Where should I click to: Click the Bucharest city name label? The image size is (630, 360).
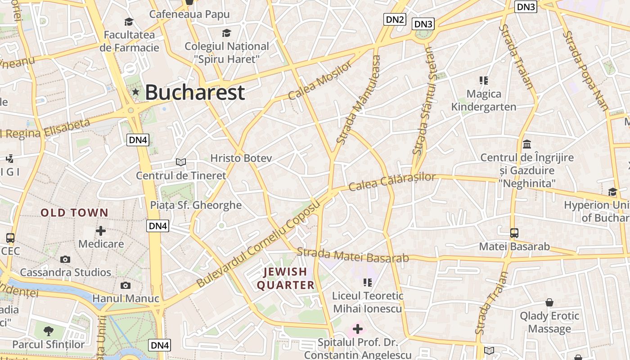point(195,92)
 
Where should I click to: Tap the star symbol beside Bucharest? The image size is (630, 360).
point(135,92)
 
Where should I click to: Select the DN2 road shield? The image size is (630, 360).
point(395,19)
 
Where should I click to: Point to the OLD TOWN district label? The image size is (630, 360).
point(74,212)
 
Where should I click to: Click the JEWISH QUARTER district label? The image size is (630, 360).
point(285,278)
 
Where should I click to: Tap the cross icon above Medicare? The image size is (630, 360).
point(101,231)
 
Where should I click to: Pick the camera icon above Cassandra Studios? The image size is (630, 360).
point(65,259)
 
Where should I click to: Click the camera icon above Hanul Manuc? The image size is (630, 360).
point(126,285)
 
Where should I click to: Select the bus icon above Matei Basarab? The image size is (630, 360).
point(514,233)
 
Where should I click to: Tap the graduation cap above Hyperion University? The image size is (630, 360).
point(612,192)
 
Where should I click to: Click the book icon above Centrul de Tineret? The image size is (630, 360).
point(181,162)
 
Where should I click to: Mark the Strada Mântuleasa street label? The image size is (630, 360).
point(359,100)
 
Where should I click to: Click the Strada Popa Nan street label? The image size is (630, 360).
point(585,70)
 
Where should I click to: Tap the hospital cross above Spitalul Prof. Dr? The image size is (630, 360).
point(358,329)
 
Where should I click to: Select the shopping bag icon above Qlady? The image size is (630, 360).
point(549,302)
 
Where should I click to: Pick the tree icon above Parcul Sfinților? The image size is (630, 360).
point(48,331)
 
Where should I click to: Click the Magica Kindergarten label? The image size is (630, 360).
point(484,100)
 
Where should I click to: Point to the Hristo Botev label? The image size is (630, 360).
point(241,158)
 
